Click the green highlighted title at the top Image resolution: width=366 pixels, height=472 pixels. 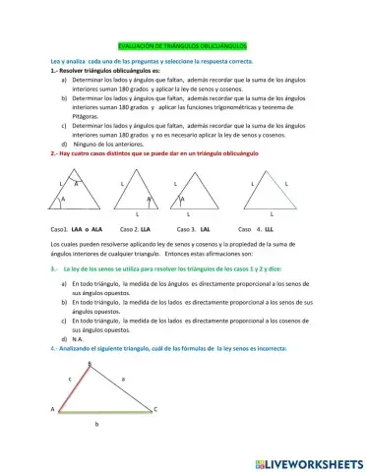click(x=182, y=45)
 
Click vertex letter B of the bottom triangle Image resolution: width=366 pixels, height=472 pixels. click(x=90, y=365)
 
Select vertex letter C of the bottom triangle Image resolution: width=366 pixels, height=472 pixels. click(x=155, y=407)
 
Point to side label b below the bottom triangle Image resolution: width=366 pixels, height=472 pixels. click(x=95, y=424)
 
